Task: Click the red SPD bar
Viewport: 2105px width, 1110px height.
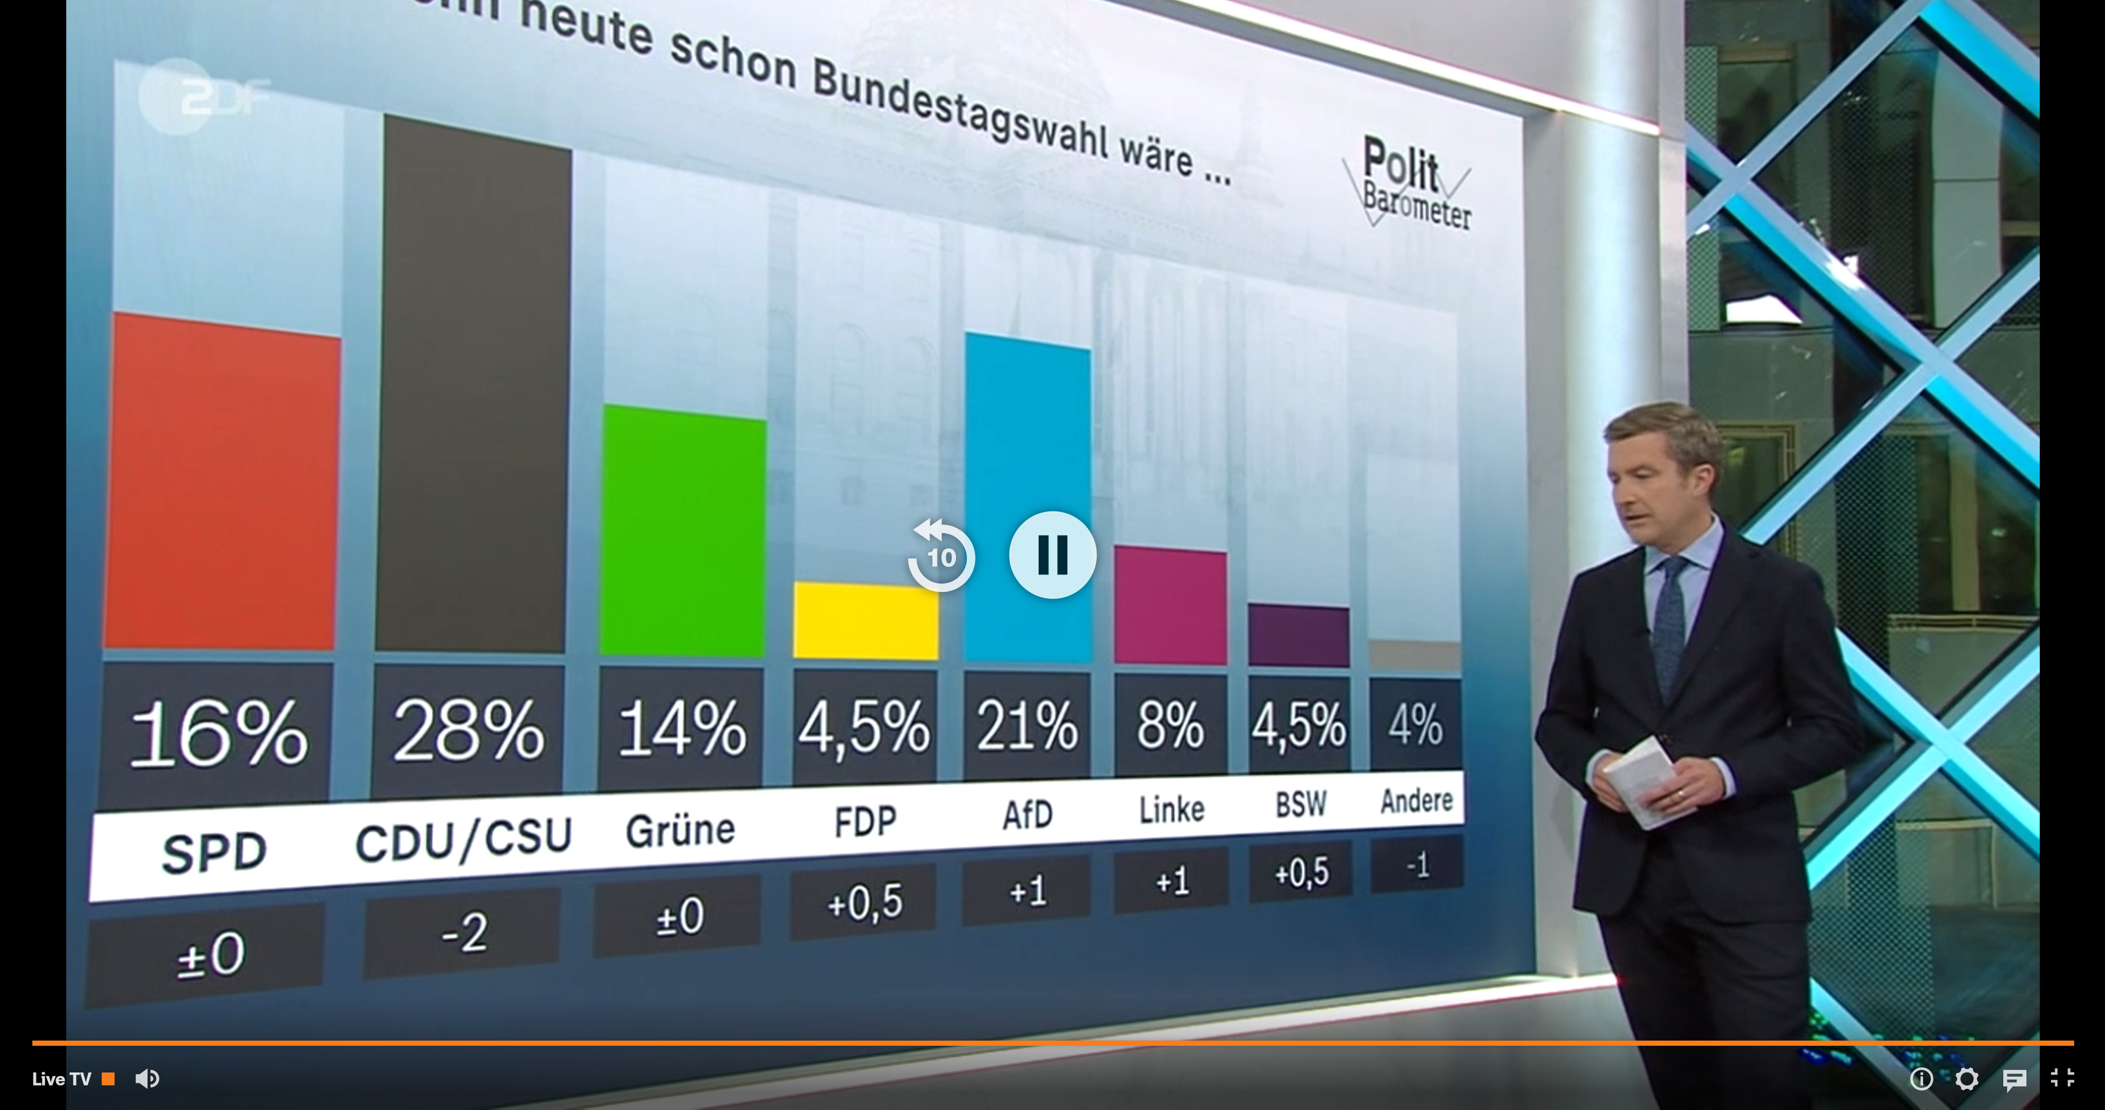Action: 221,482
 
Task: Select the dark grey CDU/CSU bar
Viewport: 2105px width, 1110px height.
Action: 472,392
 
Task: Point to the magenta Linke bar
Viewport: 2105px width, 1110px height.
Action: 1170,607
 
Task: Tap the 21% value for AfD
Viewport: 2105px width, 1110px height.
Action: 1026,726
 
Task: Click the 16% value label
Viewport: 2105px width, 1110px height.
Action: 217,733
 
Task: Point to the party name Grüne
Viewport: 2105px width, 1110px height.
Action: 680,830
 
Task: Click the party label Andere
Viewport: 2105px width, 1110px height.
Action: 1416,800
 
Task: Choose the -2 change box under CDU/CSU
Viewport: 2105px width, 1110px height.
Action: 463,933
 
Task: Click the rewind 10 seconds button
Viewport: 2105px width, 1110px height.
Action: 941,556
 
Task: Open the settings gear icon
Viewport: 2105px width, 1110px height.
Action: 1966,1079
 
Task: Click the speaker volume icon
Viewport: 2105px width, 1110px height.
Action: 147,1079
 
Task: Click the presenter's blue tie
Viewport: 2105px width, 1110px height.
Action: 1670,621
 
